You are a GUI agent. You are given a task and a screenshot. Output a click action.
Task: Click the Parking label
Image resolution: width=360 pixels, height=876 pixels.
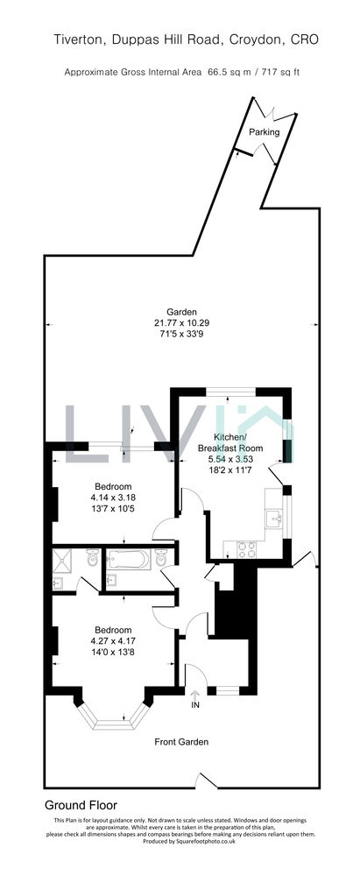point(264,132)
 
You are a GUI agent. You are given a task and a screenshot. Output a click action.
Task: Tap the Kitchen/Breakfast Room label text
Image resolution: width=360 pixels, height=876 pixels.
point(230,442)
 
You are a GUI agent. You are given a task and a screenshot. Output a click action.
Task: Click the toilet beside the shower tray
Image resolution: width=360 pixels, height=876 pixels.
point(92,558)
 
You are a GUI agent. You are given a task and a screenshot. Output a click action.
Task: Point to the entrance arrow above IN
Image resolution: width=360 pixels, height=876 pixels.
point(194,696)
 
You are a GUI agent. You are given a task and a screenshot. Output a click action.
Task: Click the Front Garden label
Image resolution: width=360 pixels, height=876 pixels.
point(181,742)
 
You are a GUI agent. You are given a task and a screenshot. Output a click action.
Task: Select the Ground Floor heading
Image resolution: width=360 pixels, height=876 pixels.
point(81,805)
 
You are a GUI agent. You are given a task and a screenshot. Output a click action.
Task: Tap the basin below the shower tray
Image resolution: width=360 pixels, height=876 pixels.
point(58,583)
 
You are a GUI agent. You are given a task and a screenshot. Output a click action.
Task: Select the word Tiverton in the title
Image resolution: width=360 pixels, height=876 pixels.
point(78,39)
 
